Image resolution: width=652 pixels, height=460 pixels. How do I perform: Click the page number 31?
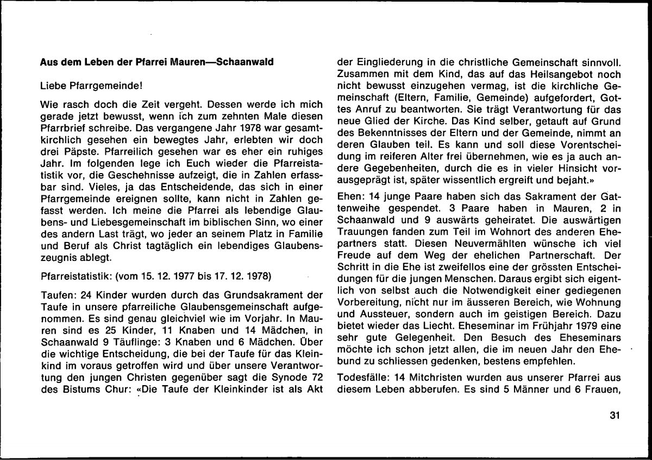click(615, 416)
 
